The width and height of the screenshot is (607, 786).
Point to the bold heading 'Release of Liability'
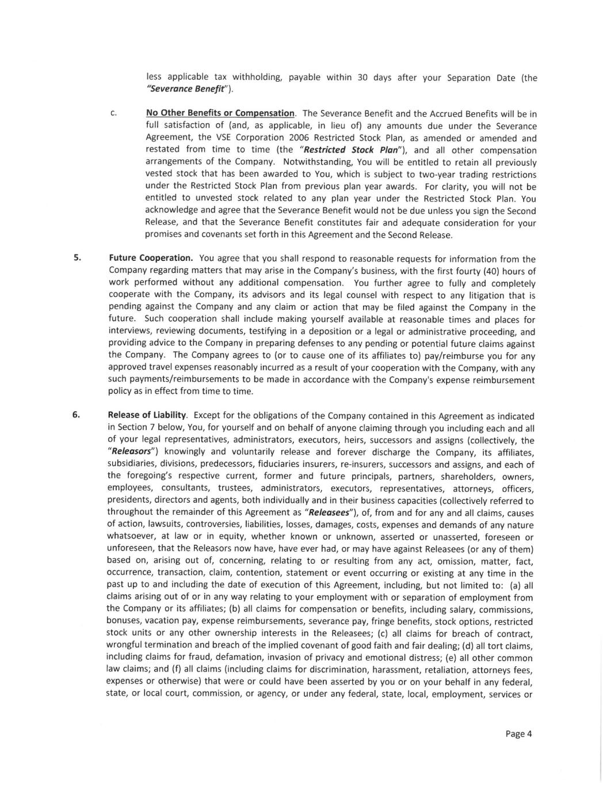click(147, 415)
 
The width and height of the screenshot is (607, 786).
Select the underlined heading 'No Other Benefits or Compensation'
click(220, 113)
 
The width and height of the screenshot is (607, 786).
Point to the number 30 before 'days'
click(362, 77)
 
